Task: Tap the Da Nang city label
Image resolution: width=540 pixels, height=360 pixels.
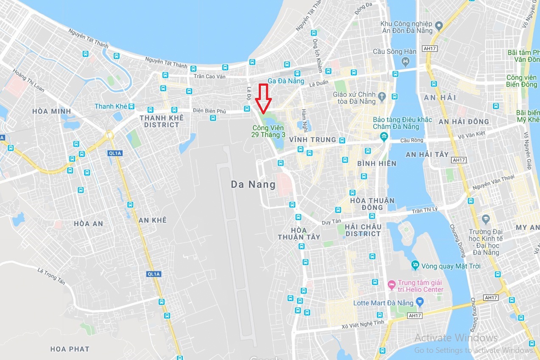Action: [253, 184]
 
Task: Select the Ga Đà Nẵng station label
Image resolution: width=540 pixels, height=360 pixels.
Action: [286, 81]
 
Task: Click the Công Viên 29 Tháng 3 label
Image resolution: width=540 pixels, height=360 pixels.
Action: [269, 131]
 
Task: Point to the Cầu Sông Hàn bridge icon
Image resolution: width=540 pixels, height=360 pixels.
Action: [406, 63]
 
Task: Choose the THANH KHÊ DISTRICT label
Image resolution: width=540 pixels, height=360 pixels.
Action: [162, 121]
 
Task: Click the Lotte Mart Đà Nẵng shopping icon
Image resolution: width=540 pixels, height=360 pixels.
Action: [420, 302]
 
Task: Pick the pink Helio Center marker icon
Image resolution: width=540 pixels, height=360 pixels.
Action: [392, 283]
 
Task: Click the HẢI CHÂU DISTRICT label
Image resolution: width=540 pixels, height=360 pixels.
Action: [363, 230]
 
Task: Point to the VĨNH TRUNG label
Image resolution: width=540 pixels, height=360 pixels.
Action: [312, 140]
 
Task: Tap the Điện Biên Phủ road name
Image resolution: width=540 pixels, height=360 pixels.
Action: [210, 111]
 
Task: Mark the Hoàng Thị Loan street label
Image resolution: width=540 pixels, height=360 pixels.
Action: [28, 81]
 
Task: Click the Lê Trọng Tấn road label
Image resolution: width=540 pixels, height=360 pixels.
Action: [53, 276]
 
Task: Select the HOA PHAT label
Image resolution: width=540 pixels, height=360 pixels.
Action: [70, 349]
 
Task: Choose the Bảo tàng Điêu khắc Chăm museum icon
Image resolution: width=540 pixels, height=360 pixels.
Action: [384, 136]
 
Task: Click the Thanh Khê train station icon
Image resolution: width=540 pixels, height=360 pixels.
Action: [132, 106]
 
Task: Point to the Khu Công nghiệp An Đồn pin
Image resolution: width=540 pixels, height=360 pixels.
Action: [439, 25]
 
